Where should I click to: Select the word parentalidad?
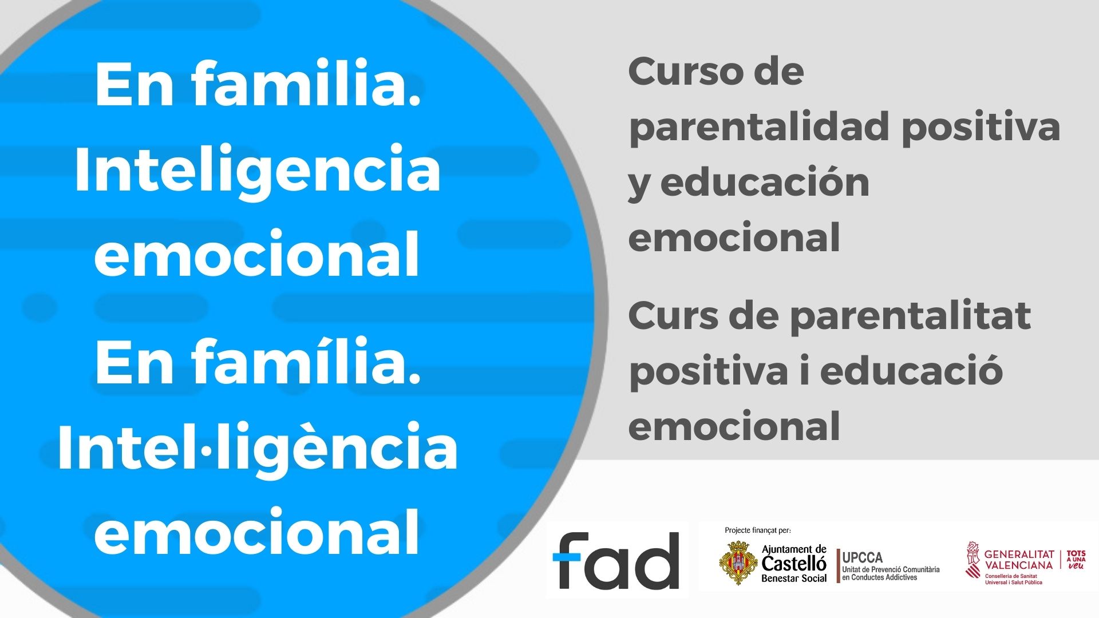(x=758, y=127)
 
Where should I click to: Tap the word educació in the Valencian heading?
(x=911, y=371)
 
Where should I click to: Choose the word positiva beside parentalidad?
(x=981, y=127)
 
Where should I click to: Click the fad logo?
(x=616, y=560)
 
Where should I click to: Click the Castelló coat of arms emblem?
(x=738, y=562)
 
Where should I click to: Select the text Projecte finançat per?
(x=758, y=530)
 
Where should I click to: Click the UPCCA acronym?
(x=863, y=557)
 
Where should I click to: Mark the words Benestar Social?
(x=794, y=579)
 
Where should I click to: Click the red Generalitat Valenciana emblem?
(x=973, y=560)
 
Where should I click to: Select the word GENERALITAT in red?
(x=1019, y=554)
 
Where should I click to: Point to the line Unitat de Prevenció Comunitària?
(x=891, y=570)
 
